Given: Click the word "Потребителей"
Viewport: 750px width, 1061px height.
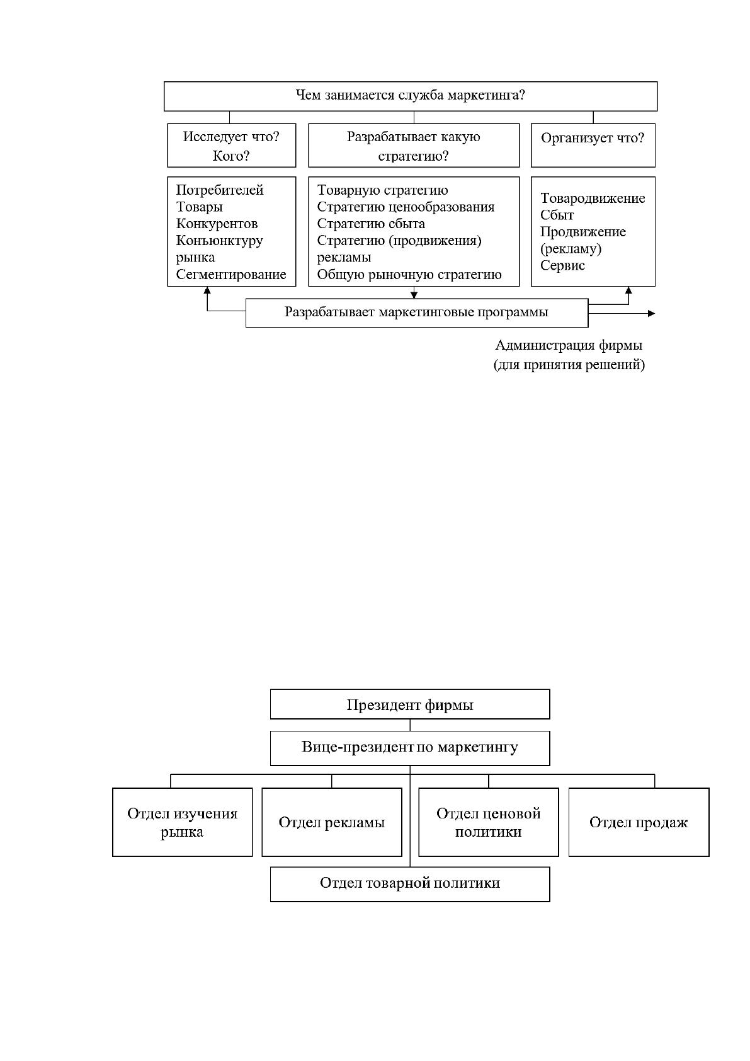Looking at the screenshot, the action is click(220, 190).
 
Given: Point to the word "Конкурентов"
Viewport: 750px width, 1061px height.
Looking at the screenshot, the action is click(217, 224).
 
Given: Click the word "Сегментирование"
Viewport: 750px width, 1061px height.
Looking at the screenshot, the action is click(231, 275).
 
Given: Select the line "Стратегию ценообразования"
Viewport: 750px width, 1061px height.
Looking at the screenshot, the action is click(406, 207).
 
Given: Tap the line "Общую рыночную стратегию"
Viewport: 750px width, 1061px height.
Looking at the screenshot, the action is click(409, 275).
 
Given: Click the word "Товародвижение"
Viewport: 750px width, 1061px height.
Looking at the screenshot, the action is click(593, 198).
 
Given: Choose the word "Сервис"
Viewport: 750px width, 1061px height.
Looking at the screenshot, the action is click(562, 265).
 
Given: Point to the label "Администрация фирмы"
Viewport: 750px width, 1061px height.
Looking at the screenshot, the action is click(569, 345).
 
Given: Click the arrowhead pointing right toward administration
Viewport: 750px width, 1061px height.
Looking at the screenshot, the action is click(652, 313).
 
